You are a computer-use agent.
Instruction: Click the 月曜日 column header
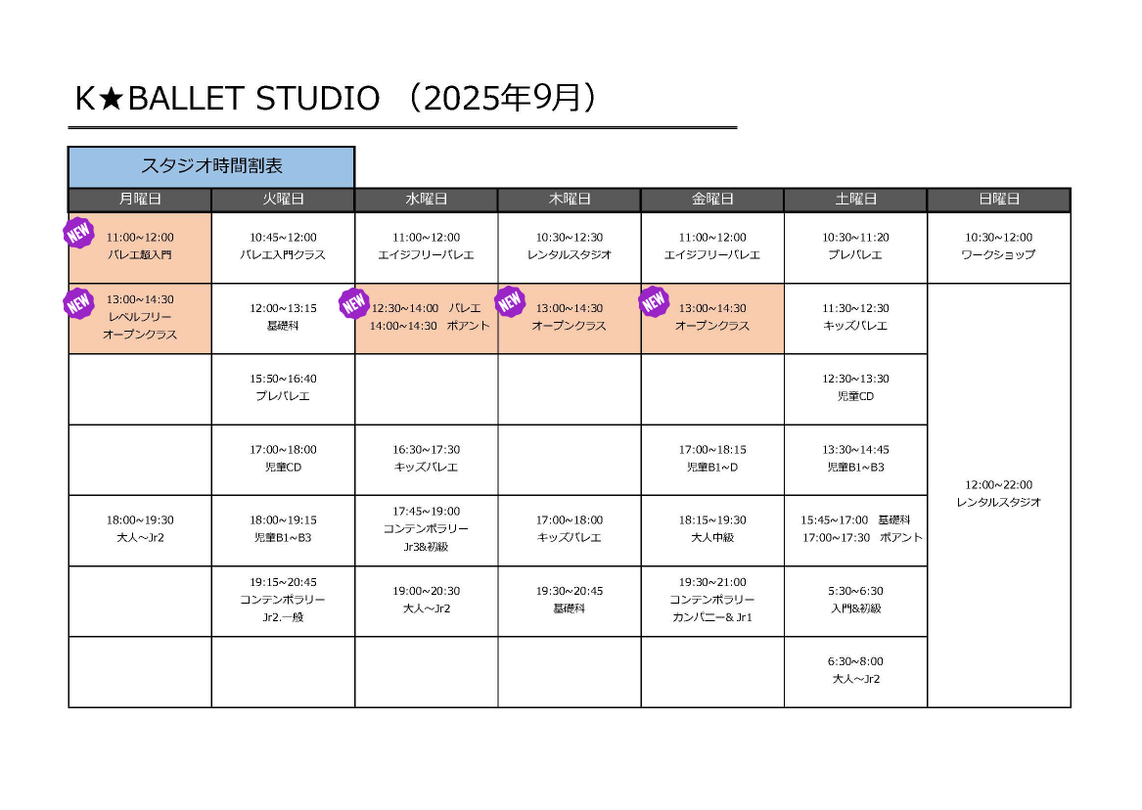pos(140,200)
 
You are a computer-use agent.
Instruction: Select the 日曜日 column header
pos(998,200)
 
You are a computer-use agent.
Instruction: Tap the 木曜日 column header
pos(569,200)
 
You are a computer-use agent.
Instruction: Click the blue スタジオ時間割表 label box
pos(211,166)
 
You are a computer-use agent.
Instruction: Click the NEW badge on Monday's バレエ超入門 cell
pos(78,233)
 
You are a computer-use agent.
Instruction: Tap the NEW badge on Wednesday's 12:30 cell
pos(354,303)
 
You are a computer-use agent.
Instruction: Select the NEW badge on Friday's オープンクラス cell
pos(654,301)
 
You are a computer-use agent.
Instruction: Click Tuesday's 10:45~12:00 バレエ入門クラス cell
pos(283,247)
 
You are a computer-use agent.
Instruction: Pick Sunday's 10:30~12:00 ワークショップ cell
pos(998,247)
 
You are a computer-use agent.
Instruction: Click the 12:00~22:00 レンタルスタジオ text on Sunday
pos(998,493)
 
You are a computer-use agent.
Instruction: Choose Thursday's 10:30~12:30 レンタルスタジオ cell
pos(569,247)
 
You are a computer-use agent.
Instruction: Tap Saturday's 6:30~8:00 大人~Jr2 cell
pos(855,672)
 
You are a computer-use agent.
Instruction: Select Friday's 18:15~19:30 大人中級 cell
pos(712,530)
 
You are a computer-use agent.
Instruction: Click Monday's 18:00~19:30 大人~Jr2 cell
pos(140,530)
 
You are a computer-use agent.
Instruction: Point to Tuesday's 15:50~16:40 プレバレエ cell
pos(283,388)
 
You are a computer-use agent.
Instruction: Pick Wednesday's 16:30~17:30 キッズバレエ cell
pos(426,459)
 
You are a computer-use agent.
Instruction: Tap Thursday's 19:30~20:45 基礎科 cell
pos(569,601)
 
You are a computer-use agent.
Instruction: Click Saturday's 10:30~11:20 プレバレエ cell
pos(855,247)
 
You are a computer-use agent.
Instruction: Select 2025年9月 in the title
pos(503,98)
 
